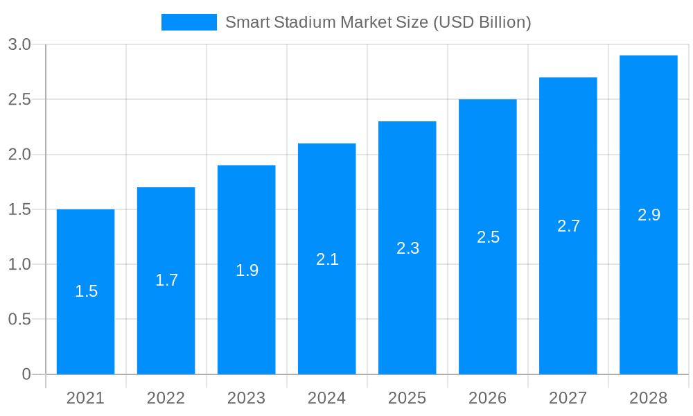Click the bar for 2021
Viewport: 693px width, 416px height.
tap(86, 319)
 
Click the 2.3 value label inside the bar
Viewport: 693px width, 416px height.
tap(407, 248)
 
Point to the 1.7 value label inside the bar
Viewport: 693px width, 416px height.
tap(166, 280)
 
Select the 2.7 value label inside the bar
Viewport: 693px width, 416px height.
tap(568, 226)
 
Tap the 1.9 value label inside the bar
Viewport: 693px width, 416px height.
tap(247, 270)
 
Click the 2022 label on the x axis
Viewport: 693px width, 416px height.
tap(166, 398)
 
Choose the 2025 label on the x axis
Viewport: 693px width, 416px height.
tap(407, 398)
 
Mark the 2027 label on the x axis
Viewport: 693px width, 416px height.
tap(568, 398)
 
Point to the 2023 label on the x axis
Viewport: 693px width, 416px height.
tap(247, 398)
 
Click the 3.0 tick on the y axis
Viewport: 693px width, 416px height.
tap(19, 45)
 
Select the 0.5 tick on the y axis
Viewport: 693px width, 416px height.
tap(19, 320)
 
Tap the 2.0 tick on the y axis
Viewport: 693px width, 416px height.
tap(19, 155)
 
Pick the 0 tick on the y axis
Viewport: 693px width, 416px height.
tap(26, 374)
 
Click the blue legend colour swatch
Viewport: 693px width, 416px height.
tap(189, 22)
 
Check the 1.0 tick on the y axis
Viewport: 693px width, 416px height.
tap(19, 265)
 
